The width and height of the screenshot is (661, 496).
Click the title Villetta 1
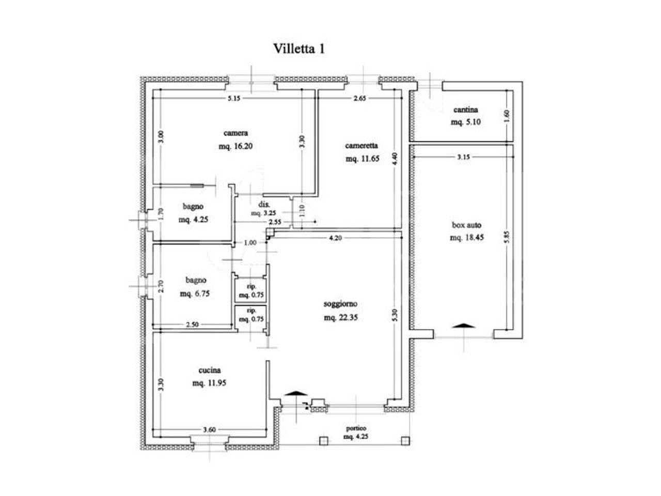299,49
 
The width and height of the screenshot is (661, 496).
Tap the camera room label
235,133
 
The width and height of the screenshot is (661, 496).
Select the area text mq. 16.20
235,146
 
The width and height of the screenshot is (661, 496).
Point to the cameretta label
361,146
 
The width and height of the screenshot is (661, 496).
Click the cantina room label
466,110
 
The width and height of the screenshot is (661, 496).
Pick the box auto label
466,225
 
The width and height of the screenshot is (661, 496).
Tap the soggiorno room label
341,304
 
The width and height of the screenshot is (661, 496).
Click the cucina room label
210,370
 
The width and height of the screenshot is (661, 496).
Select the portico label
356,428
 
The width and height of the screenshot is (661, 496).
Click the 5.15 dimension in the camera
234,99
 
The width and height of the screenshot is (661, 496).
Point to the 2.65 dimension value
360,99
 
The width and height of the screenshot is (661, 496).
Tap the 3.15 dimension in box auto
463,157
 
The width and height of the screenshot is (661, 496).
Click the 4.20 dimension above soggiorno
336,238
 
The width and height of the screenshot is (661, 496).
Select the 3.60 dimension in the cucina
209,429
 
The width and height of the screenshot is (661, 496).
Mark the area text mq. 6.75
195,293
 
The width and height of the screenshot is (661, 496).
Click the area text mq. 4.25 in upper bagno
193,219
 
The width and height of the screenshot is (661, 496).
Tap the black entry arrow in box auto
463,326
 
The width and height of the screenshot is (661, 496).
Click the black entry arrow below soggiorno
296,393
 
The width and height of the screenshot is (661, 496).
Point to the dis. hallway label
264,205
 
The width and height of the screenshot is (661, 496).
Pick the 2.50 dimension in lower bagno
193,324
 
